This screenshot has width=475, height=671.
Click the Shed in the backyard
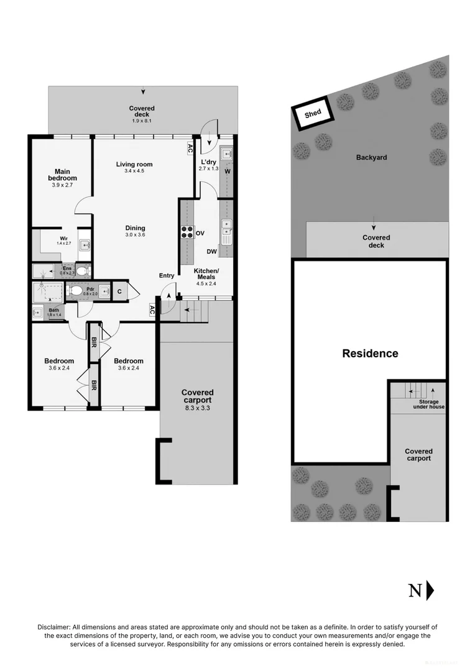tap(313, 114)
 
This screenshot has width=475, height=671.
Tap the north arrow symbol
tap(430, 590)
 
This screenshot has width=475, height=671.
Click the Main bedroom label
tap(62, 175)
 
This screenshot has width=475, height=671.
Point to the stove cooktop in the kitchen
tap(187, 232)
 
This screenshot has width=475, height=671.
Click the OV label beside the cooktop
tap(200, 233)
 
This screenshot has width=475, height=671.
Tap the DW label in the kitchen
tap(211, 252)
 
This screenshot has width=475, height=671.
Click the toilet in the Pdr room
tap(76, 290)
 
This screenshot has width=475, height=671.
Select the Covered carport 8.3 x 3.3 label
tap(197, 396)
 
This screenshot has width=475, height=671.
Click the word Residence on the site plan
tap(370, 353)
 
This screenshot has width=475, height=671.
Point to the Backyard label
tap(371, 157)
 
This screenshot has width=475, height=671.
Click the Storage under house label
tap(428, 404)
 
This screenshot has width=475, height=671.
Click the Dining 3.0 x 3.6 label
tap(135, 231)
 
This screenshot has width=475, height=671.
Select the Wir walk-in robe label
tap(64, 239)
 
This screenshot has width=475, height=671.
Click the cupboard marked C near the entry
tap(118, 290)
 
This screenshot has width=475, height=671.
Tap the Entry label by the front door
tap(167, 275)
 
